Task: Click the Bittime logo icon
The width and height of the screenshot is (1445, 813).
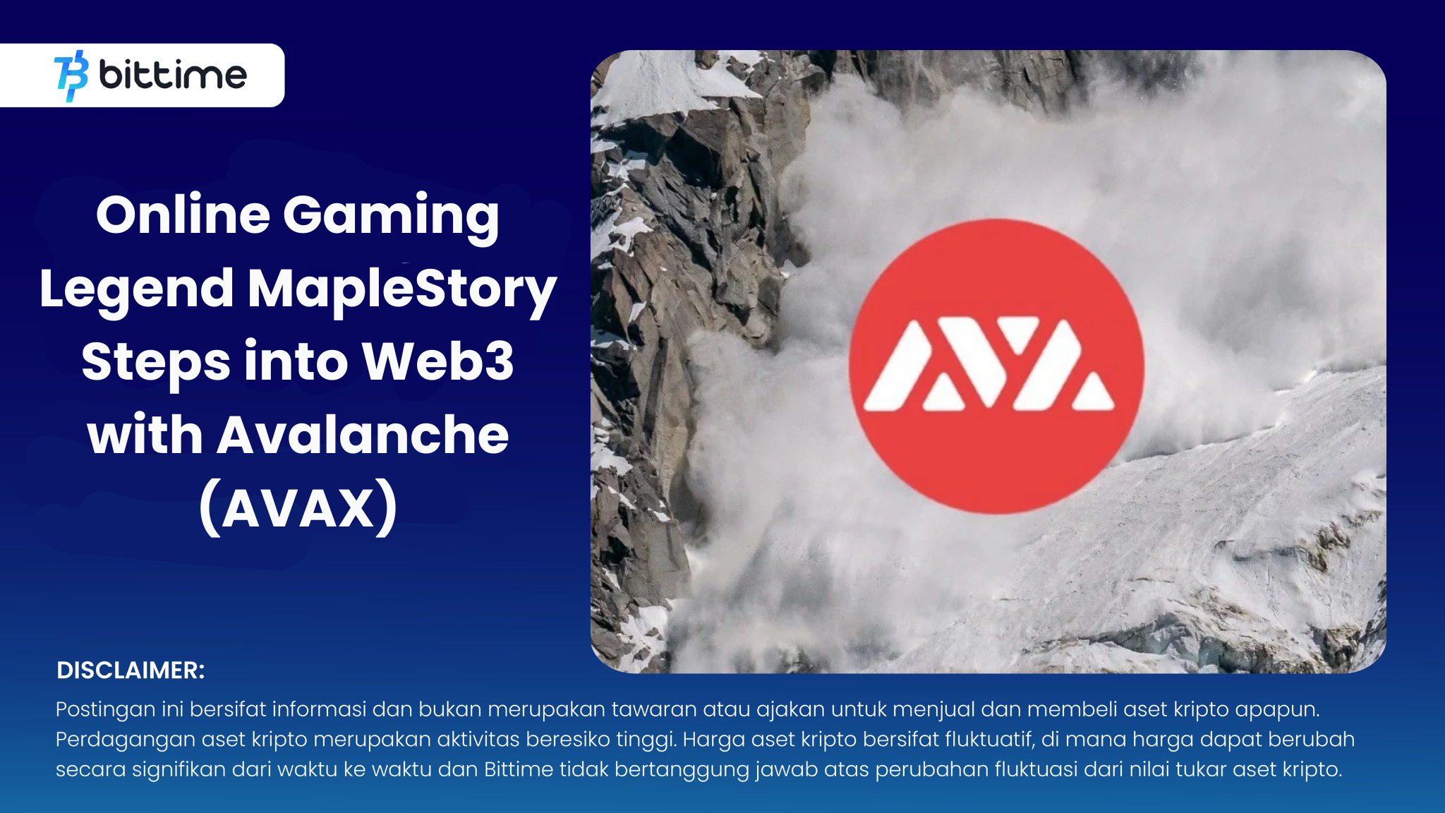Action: point(71,76)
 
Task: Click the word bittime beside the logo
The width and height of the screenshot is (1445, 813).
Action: point(173,74)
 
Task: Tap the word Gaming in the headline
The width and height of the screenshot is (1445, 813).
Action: point(392,219)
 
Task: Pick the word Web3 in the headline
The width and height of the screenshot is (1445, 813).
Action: point(438,361)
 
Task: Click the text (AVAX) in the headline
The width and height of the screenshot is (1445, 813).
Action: point(298,507)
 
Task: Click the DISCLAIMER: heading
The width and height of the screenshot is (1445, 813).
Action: point(131,670)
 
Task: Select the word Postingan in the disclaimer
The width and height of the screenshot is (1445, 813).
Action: point(106,710)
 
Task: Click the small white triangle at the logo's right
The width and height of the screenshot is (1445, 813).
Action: point(1093,392)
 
